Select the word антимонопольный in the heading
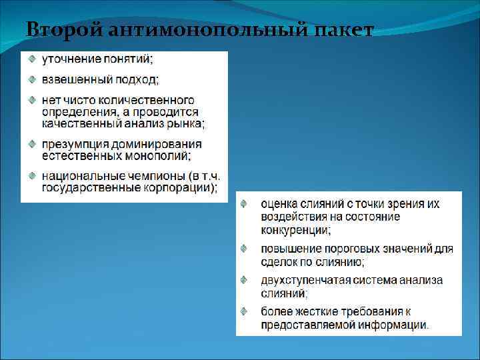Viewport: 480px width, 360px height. tap(199, 30)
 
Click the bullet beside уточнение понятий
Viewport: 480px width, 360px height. tap(31, 59)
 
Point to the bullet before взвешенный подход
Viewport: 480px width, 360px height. tap(31, 79)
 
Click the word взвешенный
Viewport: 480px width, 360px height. tap(74, 80)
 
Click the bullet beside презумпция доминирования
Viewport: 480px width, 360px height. tap(31, 143)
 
